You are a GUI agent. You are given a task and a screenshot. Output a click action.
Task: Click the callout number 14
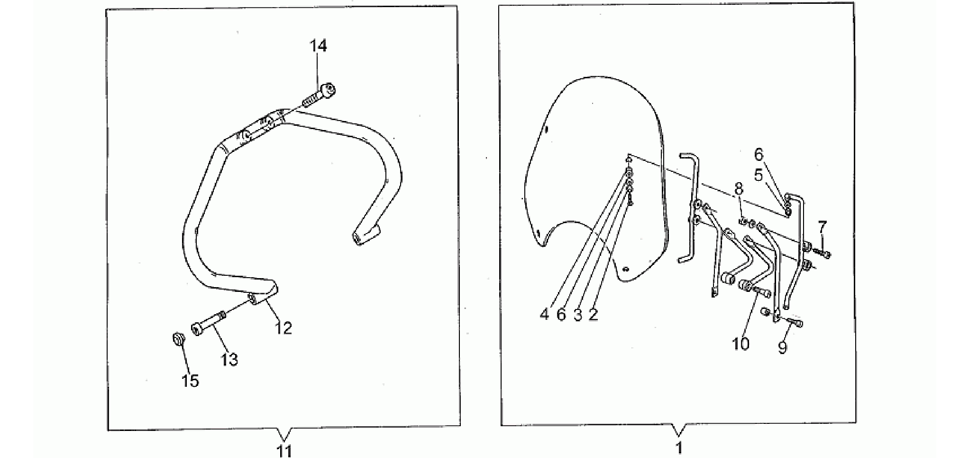click(x=318, y=46)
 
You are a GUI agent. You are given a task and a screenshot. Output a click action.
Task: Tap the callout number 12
click(x=283, y=327)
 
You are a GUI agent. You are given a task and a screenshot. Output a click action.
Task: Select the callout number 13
click(x=229, y=359)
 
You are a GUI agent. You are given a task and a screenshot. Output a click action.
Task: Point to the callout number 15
click(x=190, y=381)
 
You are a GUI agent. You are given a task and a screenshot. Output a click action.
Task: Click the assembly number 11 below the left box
click(x=284, y=449)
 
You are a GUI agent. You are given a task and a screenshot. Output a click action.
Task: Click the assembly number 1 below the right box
click(x=679, y=447)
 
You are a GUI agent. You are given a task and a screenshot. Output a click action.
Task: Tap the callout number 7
click(x=823, y=225)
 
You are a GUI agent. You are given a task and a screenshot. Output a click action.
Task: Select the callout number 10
click(x=740, y=344)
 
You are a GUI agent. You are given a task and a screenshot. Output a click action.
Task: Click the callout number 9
click(x=783, y=347)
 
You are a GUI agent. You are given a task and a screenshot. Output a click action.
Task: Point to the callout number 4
click(x=544, y=314)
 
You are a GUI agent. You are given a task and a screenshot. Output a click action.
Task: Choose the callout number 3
click(x=577, y=314)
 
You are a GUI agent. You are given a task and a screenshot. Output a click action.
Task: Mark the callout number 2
click(x=594, y=314)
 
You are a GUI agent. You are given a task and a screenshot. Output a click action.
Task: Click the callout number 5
click(x=759, y=175)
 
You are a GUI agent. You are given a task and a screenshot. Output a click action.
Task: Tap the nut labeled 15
click(x=178, y=339)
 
